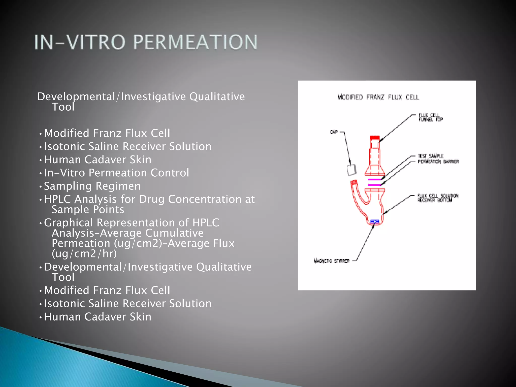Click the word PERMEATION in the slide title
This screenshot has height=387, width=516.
[x=195, y=42]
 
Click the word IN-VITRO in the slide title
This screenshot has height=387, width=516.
[x=80, y=42]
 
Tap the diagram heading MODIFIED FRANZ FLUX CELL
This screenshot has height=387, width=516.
[x=378, y=97]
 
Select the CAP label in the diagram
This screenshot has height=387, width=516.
[x=334, y=132]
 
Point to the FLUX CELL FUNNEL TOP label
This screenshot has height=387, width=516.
[x=430, y=117]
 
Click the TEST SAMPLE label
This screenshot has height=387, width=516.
[x=430, y=156]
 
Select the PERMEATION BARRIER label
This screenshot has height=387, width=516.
[x=438, y=162]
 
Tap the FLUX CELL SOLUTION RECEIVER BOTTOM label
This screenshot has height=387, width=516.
[x=437, y=198]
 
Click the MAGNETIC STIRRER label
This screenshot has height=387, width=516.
[x=332, y=261]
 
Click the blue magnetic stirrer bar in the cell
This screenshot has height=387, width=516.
[x=375, y=221]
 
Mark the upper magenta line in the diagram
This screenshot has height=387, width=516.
[x=374, y=179]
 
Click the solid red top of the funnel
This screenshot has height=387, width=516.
[x=375, y=138]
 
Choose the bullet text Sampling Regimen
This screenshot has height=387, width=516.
[x=92, y=186]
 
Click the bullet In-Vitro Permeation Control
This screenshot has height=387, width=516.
[x=116, y=173]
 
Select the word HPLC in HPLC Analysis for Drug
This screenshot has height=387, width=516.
[x=57, y=199]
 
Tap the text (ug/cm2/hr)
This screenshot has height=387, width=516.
[x=84, y=254]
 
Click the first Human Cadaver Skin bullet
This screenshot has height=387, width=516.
[x=98, y=160]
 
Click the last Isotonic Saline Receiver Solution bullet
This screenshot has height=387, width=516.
[x=127, y=304]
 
